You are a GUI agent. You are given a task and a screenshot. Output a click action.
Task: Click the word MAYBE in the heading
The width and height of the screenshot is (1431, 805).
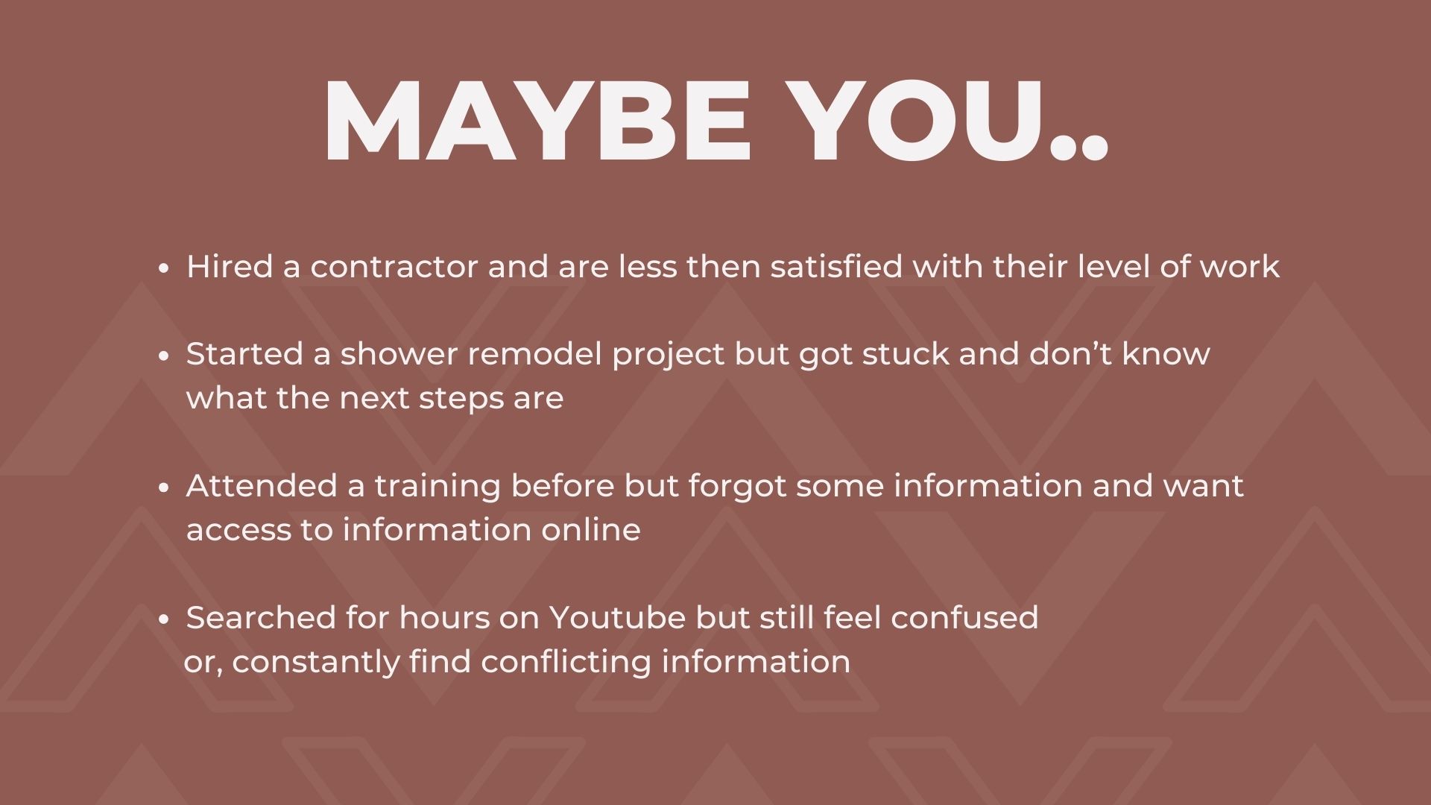tap(537, 120)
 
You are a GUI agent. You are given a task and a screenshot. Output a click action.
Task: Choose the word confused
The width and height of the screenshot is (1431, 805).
tap(964, 618)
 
